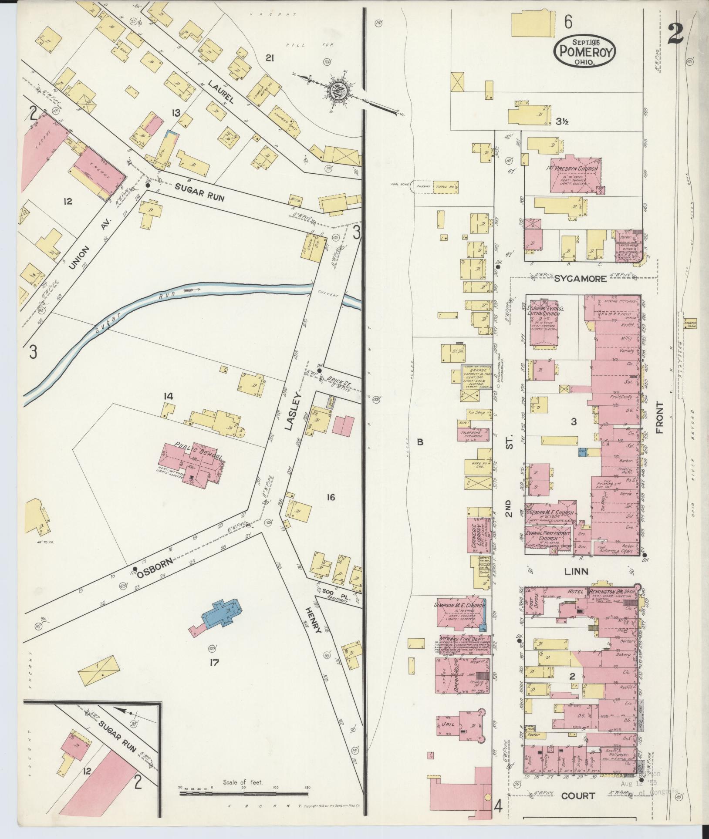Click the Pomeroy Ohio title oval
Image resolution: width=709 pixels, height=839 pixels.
click(x=584, y=51)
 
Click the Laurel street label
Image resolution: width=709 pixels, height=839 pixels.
click(x=221, y=92)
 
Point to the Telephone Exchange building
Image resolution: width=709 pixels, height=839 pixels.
click(x=473, y=432)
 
